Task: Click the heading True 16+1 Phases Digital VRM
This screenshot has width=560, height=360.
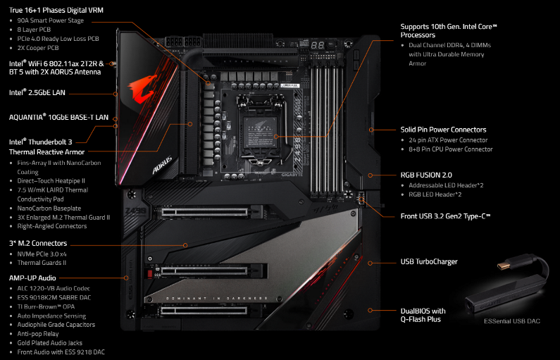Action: coord(56,11)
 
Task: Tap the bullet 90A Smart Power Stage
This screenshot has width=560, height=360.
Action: coord(50,20)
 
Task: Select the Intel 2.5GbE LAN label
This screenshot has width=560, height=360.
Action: coord(37,92)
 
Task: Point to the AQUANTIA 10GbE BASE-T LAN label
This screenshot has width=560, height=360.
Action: coord(58,117)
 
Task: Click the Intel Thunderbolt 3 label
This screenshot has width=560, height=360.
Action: coord(40,142)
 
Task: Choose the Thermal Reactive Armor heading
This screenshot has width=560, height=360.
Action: coord(46,152)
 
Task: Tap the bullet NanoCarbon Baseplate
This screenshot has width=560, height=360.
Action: coord(49,209)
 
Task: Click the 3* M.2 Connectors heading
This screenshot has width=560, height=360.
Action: coord(38,243)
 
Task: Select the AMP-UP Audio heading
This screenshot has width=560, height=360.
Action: coord(32,278)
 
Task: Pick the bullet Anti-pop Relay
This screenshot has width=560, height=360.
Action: coord(38,334)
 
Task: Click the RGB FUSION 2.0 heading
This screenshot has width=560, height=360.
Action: coord(426,175)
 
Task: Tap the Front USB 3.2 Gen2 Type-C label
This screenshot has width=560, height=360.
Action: coord(445,216)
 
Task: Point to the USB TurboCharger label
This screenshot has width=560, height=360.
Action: coord(429,261)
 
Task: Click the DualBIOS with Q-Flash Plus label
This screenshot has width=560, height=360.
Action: coord(423,315)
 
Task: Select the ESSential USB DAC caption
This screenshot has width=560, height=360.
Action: coord(512,321)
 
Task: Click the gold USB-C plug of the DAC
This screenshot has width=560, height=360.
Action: coord(505,265)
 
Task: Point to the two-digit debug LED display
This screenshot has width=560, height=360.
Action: coord(318,45)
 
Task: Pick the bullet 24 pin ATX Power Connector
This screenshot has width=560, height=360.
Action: coord(448,140)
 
